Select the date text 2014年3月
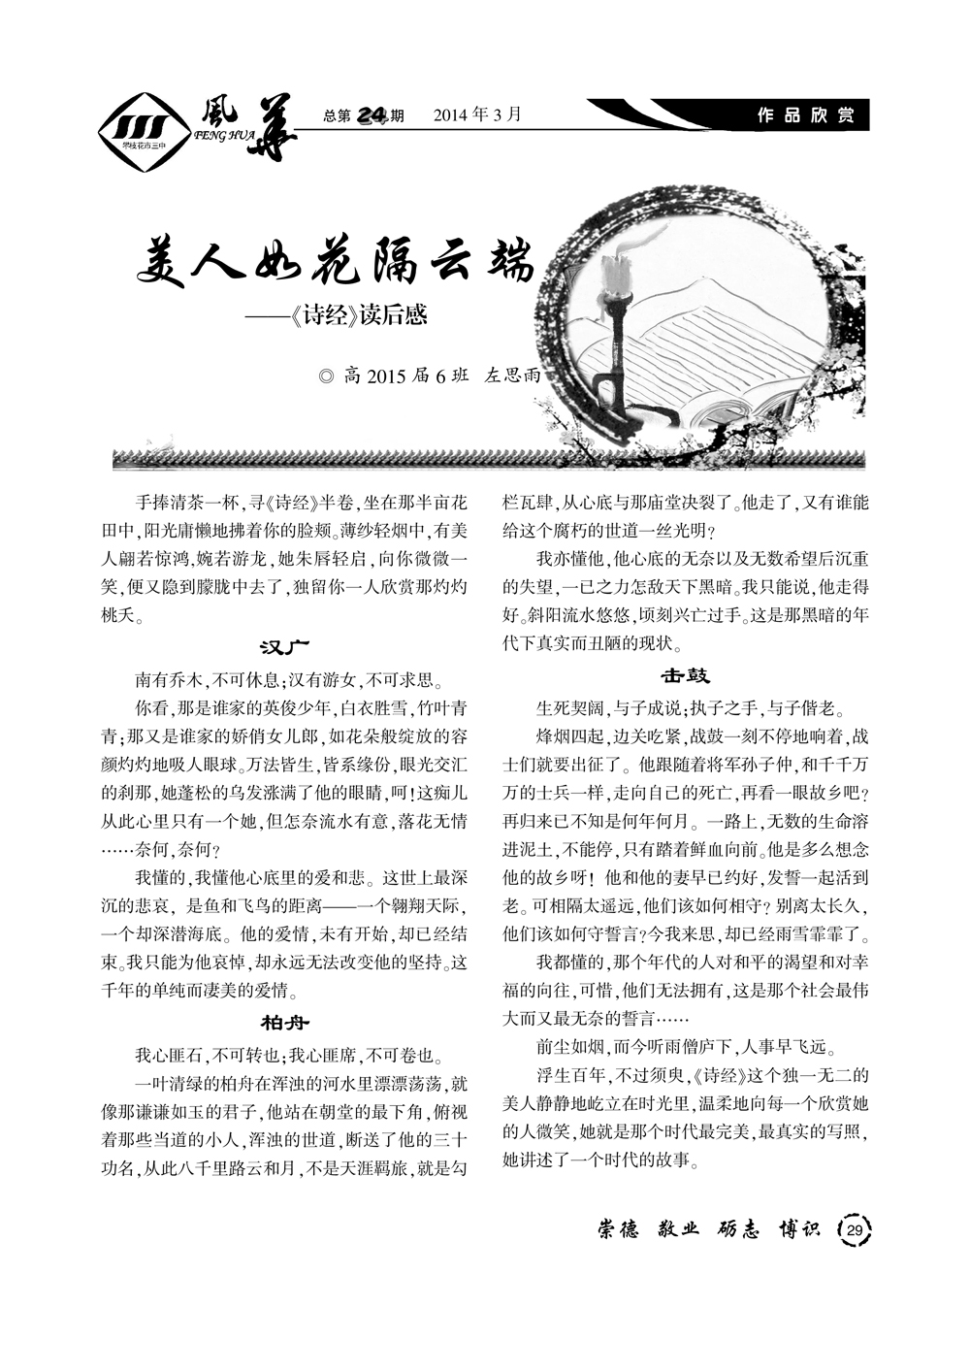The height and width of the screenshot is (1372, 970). [477, 115]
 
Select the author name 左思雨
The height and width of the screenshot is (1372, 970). [511, 376]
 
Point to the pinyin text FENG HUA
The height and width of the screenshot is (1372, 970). [224, 138]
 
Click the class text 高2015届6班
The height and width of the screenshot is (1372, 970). [407, 376]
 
